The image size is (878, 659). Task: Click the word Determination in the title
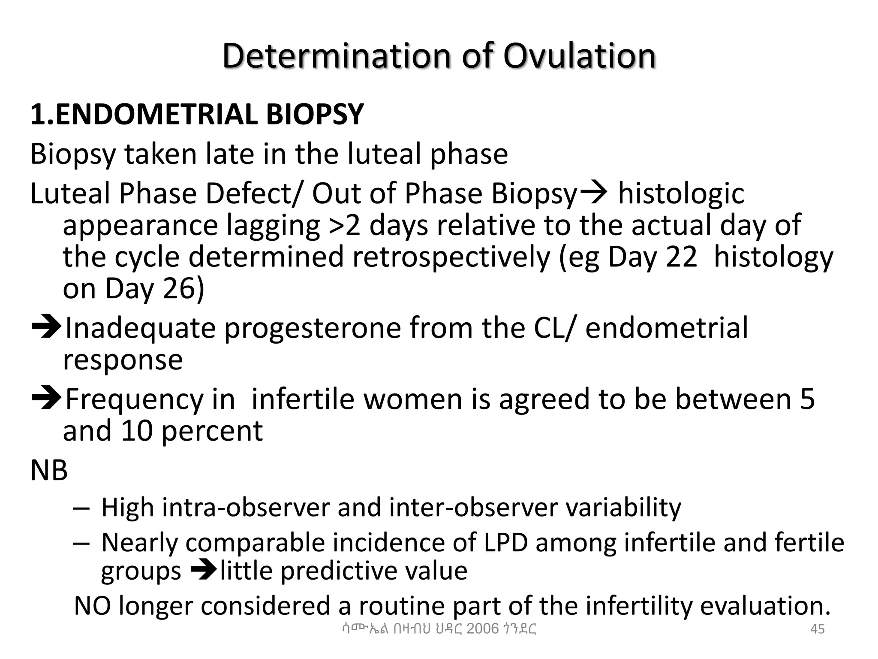tap(336, 56)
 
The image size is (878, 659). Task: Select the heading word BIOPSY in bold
tap(315, 115)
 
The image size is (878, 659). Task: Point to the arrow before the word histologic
tap(593, 193)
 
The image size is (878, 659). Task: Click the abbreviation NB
tap(49, 470)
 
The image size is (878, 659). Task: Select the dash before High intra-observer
tap(81, 508)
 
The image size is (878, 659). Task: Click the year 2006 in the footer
tap(483, 629)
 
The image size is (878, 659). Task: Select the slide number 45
tap(818, 629)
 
